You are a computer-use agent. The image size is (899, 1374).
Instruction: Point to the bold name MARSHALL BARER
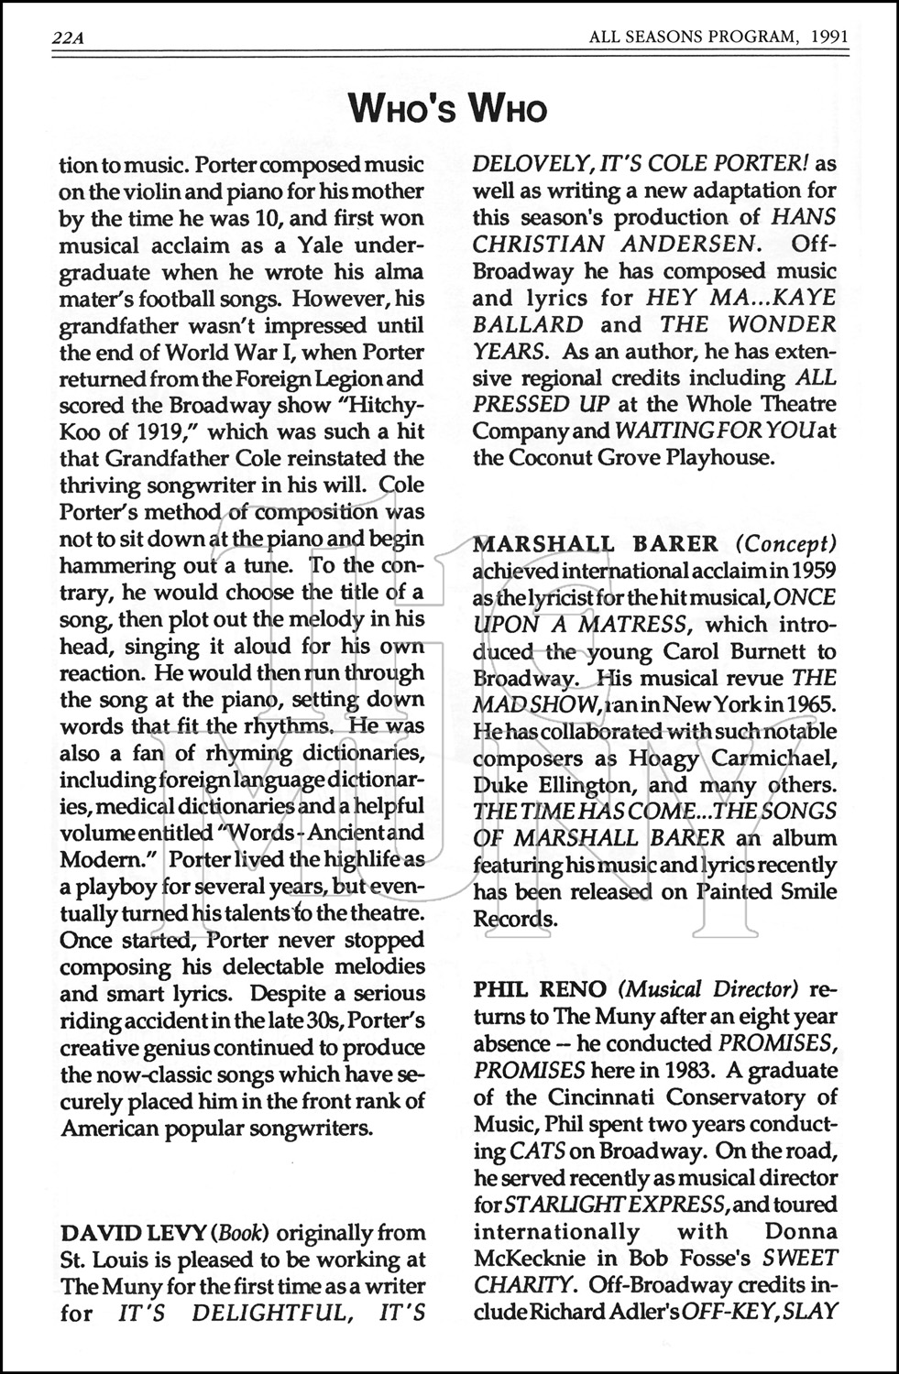coord(596,543)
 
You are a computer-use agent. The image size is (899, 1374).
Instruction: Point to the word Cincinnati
coord(595,1096)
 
